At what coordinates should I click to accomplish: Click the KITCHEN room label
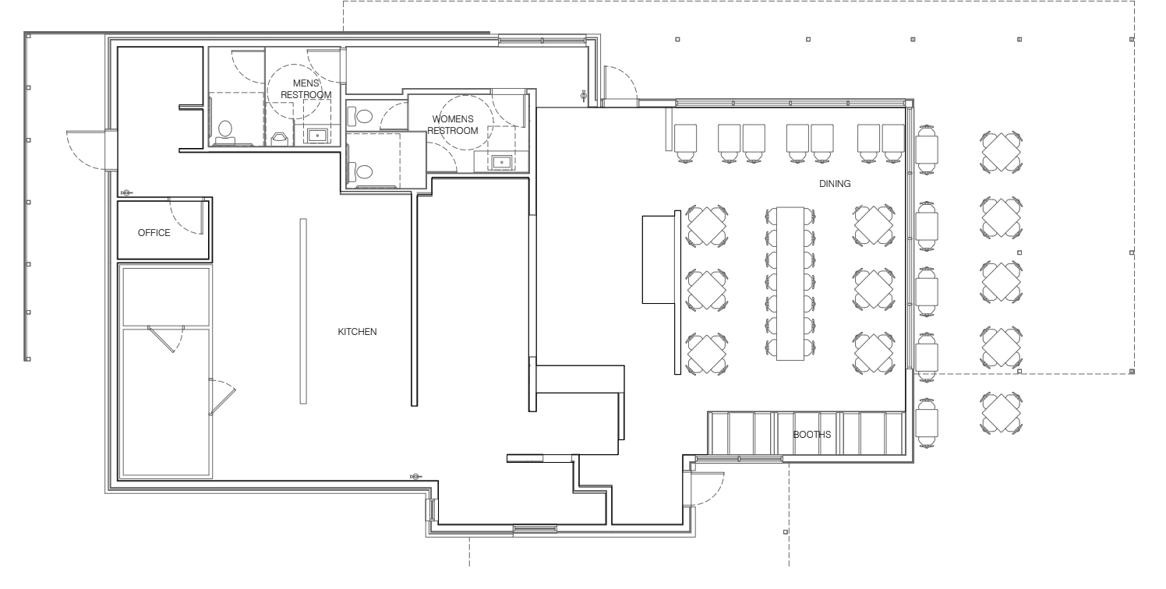(x=357, y=331)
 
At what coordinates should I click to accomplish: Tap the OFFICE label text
(x=154, y=233)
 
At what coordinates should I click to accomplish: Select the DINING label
(x=835, y=184)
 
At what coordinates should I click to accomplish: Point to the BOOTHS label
(x=811, y=435)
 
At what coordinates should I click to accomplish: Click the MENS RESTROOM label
(x=306, y=89)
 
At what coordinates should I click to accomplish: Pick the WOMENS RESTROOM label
(x=452, y=125)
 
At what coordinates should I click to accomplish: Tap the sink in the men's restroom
(x=317, y=136)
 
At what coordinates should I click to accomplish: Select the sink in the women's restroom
(x=501, y=162)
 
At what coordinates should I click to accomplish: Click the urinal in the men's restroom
(x=280, y=139)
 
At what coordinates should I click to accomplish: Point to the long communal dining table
(x=790, y=284)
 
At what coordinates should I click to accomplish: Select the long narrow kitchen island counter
(x=303, y=311)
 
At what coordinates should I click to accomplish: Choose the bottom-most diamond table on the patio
(x=1001, y=413)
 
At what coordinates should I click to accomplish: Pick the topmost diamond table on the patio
(x=1001, y=152)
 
